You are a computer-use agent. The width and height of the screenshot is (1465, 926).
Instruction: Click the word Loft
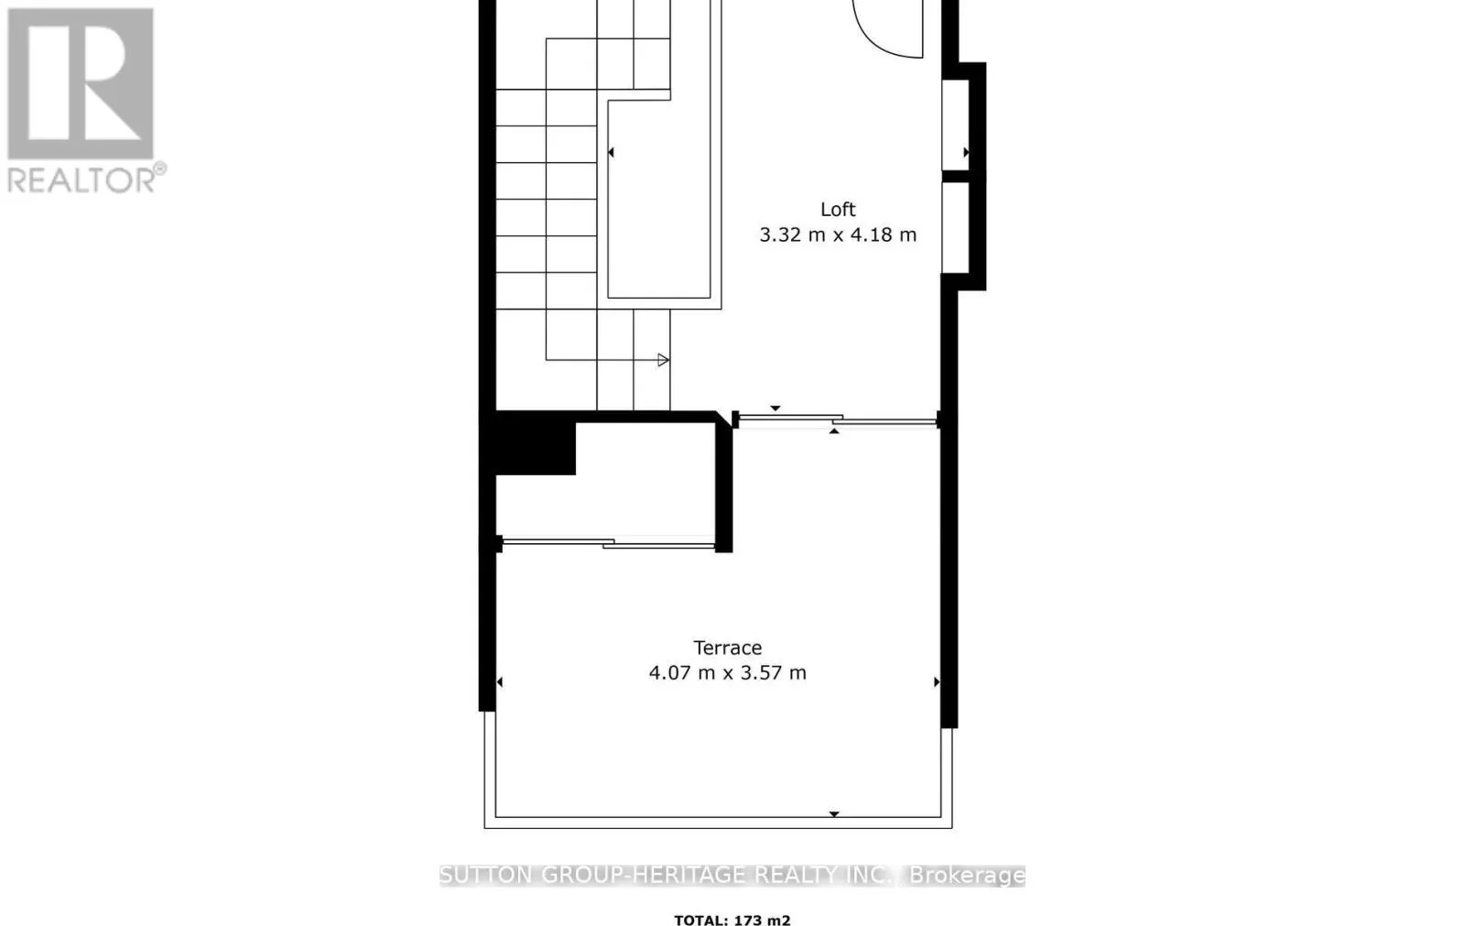pyautogui.click(x=838, y=209)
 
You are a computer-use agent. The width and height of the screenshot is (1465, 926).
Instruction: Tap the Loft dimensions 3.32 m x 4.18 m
pyautogui.click(x=838, y=234)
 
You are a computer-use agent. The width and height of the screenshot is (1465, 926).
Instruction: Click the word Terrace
pyautogui.click(x=728, y=648)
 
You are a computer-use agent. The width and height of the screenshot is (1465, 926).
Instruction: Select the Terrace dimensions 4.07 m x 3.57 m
pyautogui.click(x=728, y=673)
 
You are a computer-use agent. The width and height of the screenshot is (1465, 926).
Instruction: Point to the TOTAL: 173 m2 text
pyautogui.click(x=732, y=920)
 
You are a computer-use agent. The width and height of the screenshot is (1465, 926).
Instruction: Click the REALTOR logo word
pyautogui.click(x=82, y=179)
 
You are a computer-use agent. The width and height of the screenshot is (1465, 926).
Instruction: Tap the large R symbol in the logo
pyautogui.click(x=81, y=84)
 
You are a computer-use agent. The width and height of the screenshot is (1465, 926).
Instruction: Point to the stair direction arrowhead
pyautogui.click(x=664, y=360)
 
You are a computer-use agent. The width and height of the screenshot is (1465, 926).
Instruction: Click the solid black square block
pyautogui.click(x=536, y=444)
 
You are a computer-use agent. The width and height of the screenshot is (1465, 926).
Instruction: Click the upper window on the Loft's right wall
pyautogui.click(x=955, y=125)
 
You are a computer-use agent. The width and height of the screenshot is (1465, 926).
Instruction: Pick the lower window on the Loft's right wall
pyautogui.click(x=955, y=227)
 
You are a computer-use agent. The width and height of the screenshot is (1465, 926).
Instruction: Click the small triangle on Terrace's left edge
pyautogui.click(x=500, y=681)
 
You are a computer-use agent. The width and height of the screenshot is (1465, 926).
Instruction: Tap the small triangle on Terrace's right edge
pyautogui.click(x=936, y=681)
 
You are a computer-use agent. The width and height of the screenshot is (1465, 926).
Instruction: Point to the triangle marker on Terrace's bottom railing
pyautogui.click(x=834, y=813)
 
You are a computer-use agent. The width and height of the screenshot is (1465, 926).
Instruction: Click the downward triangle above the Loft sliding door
pyautogui.click(x=776, y=408)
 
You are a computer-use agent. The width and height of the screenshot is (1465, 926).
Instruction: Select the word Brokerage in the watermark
pyautogui.click(x=967, y=876)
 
